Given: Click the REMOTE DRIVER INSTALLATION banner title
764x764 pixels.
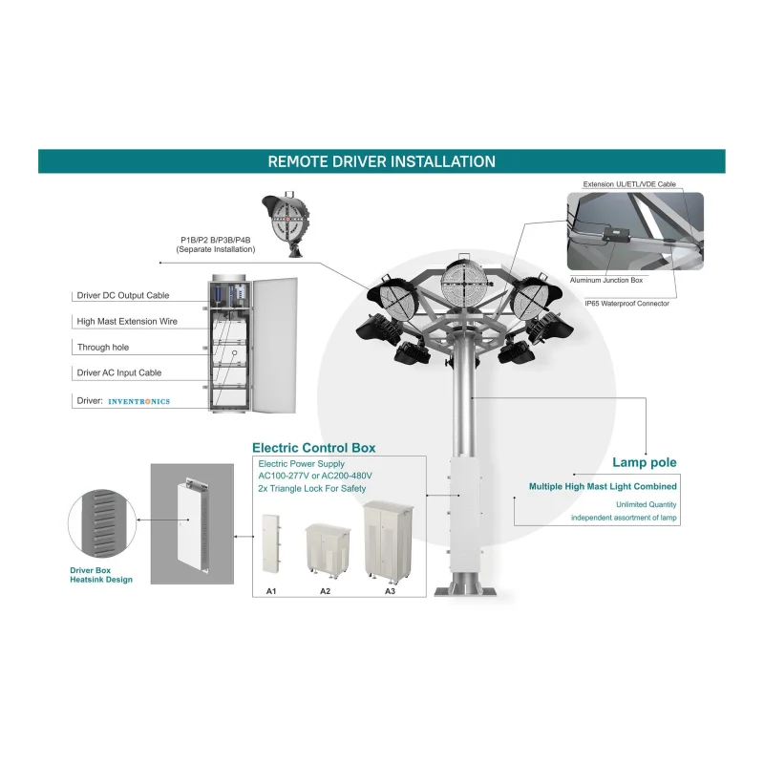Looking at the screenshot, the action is tap(381, 161).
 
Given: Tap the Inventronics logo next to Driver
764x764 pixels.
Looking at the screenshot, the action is tap(138, 401).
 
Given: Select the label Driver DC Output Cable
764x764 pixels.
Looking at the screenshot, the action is tap(123, 295).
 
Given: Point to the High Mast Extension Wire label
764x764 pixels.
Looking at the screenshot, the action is tap(127, 321).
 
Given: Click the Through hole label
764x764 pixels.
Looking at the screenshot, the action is tap(103, 347).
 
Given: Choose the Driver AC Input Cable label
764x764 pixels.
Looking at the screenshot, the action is tap(118, 372).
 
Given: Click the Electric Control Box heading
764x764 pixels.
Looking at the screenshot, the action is tap(314, 448).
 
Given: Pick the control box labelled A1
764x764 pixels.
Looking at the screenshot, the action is tap(270, 543).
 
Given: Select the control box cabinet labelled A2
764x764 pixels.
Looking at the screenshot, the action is tap(328, 551).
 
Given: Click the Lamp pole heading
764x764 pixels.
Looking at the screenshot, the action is tap(644, 462).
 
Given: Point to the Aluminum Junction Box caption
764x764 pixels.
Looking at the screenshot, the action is tap(606, 280).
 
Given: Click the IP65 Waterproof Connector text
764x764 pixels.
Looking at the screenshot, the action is tap(627, 304).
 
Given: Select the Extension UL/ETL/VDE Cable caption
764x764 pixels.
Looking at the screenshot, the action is tap(629, 184).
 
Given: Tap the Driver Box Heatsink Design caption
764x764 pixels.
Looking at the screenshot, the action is tap(101, 575).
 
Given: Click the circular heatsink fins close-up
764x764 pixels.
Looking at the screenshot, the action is tap(102, 523).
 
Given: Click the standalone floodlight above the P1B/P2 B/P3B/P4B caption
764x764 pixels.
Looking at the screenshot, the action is tap(286, 222).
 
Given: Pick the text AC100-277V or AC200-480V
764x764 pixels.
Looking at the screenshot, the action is tap(315, 476).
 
